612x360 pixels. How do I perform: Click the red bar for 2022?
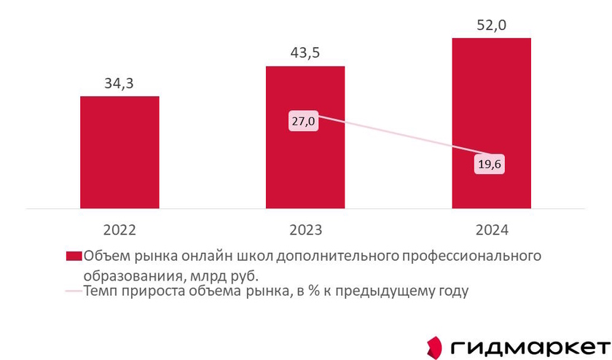tap(119, 152)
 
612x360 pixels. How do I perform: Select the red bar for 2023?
tap(305, 168)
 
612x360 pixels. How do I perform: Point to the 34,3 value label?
tap(119, 83)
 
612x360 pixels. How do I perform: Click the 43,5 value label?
tap(305, 53)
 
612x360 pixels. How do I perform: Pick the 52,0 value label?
tap(491, 25)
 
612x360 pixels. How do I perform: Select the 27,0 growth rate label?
tap(303, 122)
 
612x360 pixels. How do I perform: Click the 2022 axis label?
tap(119, 230)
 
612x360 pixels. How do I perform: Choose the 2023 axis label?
tap(305, 230)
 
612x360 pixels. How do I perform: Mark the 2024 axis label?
tap(491, 230)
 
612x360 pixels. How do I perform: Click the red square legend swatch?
tap(73, 257)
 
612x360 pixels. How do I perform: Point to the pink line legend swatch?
tap(73, 292)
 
